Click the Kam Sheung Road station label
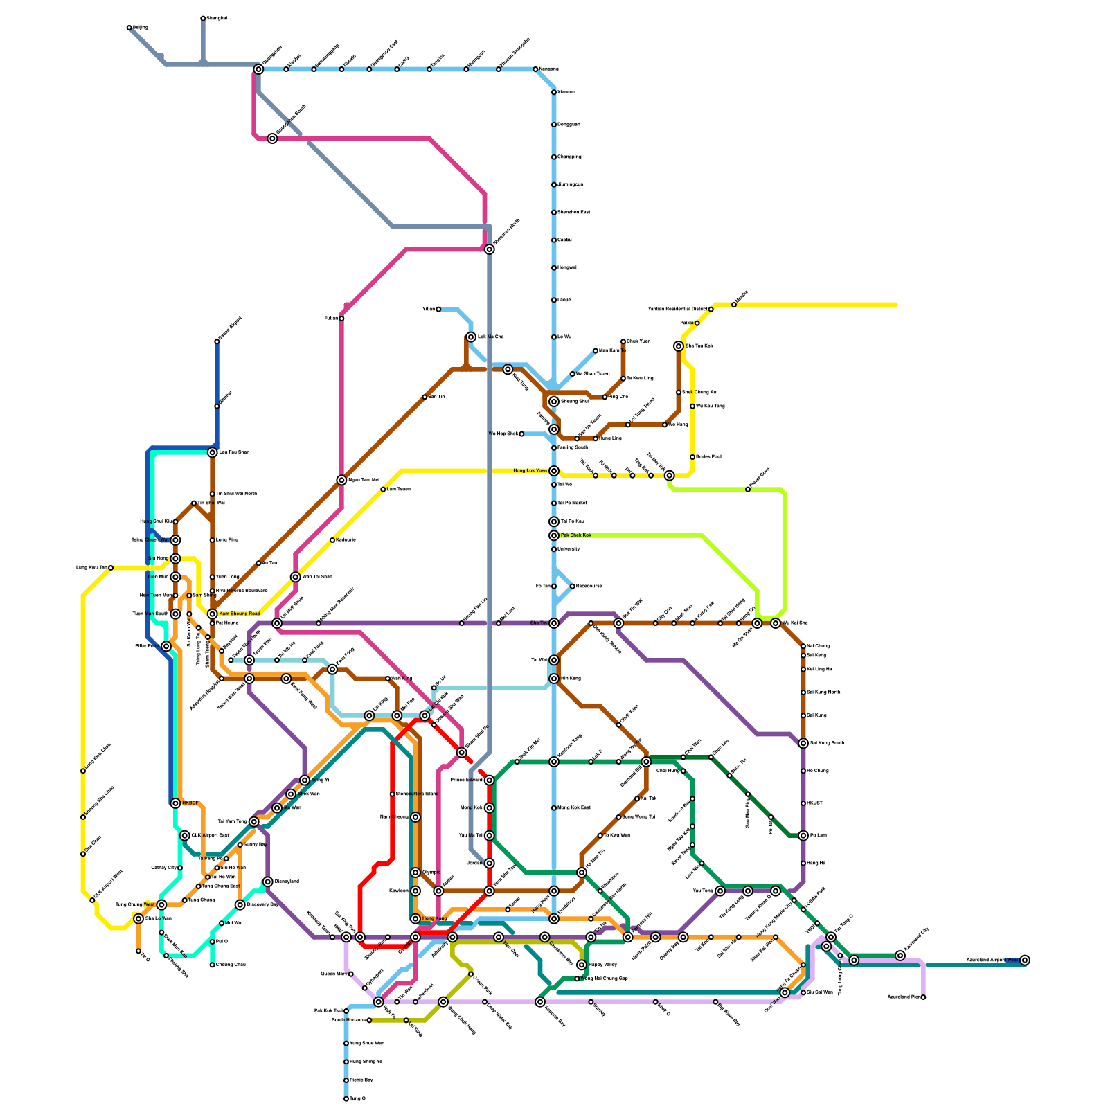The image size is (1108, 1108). tap(240, 614)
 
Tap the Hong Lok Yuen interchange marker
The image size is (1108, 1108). tap(554, 471)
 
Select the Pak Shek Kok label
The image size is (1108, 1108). tap(575, 535)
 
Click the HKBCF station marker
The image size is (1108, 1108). tap(175, 803)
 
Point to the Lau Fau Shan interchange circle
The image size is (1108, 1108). tap(213, 452)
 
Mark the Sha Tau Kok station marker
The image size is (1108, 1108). tap(679, 346)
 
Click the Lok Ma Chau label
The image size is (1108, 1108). tap(491, 337)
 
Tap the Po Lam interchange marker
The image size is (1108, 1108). tap(803, 836)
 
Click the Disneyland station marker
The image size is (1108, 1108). tap(268, 882)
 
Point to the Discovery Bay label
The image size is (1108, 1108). tap(262, 904)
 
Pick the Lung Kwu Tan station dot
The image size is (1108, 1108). tap(111, 568)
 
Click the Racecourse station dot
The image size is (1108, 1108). tap(572, 587)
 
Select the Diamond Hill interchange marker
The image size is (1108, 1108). tap(646, 762)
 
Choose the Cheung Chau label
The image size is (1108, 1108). tap(231, 965)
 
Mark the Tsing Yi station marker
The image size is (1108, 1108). tap(305, 780)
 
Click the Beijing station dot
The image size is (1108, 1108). tap(129, 28)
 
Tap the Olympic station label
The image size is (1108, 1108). tap(431, 873)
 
